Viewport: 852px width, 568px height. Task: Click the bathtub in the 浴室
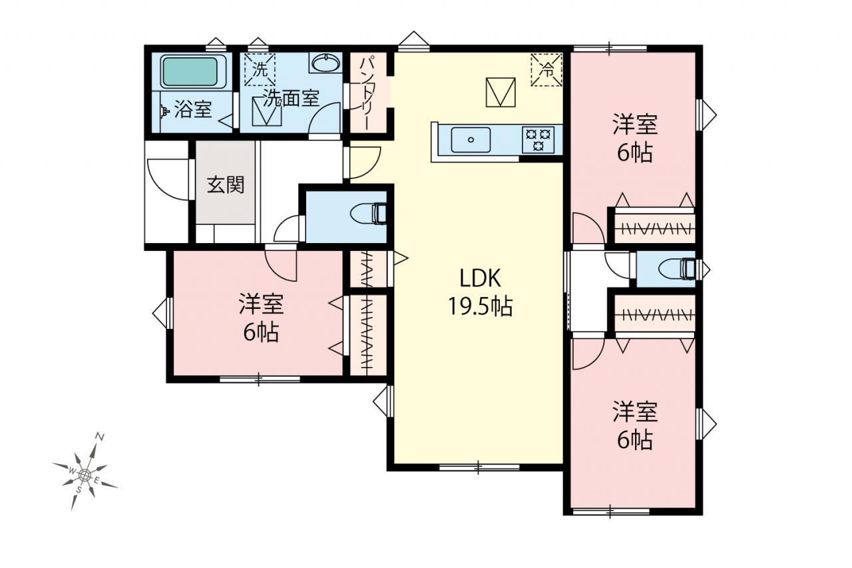pos(189,72)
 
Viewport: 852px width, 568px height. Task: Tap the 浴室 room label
pos(193,110)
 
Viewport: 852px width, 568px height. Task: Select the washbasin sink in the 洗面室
pos(325,63)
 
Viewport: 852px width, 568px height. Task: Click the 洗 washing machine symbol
pos(260,70)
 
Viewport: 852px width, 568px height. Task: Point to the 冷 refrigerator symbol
pos(546,70)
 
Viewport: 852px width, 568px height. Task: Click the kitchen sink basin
pos(471,139)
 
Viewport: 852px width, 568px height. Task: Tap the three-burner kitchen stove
pos(538,139)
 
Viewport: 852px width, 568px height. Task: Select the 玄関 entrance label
pos(226,185)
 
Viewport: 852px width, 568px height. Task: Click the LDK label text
pos(480,278)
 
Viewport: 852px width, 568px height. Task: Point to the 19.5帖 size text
pos(481,306)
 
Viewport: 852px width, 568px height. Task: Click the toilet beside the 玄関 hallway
pos(369,214)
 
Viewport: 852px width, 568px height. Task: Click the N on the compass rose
pos(100,437)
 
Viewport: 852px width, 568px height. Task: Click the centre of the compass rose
pos(85,474)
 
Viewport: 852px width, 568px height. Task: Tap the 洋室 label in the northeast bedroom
pos(635,125)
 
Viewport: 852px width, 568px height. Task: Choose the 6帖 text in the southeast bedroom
pos(635,439)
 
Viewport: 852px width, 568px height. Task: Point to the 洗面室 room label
pos(292,98)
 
